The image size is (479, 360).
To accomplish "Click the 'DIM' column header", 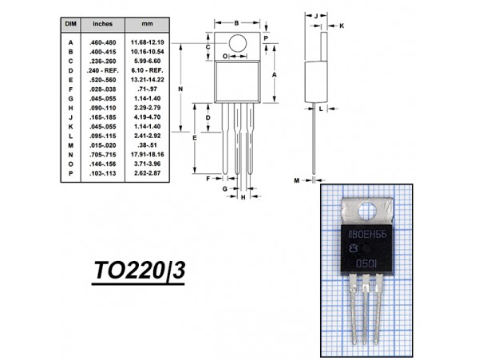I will pos(69,25).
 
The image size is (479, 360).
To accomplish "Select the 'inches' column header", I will pos(102,25).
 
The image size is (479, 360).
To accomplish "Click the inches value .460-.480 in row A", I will pos(102,42).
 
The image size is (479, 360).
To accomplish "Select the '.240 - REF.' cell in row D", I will pos(102,70).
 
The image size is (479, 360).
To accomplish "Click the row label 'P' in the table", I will pos(69,172).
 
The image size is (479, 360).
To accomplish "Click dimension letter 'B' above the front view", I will pos(236,22).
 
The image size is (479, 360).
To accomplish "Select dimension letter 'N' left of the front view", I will pos(181,89).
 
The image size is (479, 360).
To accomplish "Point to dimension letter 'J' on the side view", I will pos(316,15).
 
